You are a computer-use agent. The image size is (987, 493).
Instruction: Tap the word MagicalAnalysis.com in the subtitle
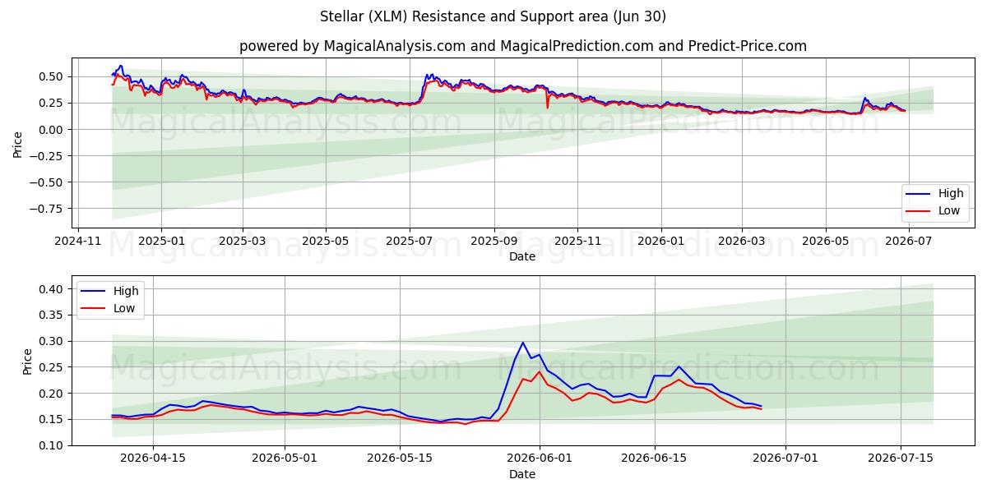pyautogui.click(x=394, y=46)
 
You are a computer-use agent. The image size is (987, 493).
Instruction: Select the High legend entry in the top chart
pyautogui.click(x=934, y=193)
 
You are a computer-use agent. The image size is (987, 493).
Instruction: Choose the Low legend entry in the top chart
pyautogui.click(x=933, y=210)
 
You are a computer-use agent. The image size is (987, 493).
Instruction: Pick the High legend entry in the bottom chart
pyautogui.click(x=109, y=291)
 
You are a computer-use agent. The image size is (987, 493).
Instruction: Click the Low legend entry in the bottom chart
pyautogui.click(x=107, y=308)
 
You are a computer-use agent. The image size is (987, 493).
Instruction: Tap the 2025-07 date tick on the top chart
pyautogui.click(x=410, y=242)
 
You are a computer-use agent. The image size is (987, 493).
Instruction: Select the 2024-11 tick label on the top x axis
pyautogui.click(x=78, y=242)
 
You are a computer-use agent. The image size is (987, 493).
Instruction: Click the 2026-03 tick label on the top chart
pyautogui.click(x=742, y=242)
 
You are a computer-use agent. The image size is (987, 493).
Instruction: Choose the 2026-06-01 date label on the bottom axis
pyautogui.click(x=540, y=458)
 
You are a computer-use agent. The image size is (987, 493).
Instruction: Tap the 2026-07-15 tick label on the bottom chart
pyautogui.click(x=901, y=458)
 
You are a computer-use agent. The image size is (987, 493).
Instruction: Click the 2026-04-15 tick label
pyautogui.click(x=153, y=458)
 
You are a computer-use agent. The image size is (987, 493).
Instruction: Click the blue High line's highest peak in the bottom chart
pyautogui.click(x=523, y=343)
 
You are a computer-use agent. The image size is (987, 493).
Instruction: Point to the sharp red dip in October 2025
pyautogui.click(x=548, y=108)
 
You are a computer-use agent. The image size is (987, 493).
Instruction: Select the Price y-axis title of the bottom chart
pyautogui.click(x=27, y=362)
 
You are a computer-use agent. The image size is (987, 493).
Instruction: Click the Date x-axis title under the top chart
pyautogui.click(x=522, y=256)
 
